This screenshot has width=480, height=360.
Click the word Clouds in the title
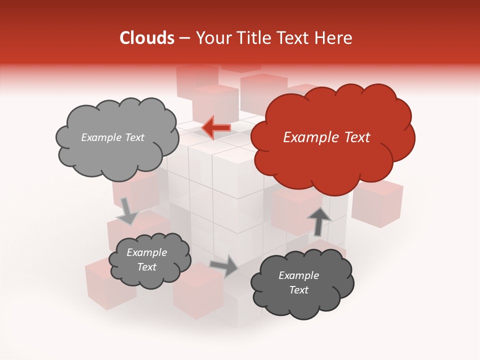(146, 38)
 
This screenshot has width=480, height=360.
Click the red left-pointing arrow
(216, 128)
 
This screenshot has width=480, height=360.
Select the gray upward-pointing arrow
(318, 221)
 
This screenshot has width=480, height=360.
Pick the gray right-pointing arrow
(224, 266)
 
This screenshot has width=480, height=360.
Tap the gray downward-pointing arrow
(127, 211)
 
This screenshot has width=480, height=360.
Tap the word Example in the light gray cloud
(101, 137)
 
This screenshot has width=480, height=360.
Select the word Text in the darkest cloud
(298, 290)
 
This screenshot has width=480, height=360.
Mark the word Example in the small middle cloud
(146, 252)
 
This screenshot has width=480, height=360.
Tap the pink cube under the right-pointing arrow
(197, 292)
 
